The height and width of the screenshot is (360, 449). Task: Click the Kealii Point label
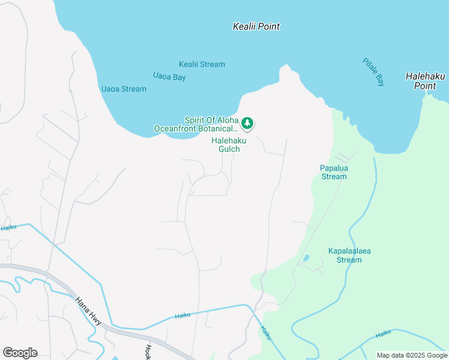[256, 26]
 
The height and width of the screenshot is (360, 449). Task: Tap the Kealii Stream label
[202, 64]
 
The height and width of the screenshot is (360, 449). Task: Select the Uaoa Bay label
[169, 77]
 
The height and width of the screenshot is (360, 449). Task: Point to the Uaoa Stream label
[124, 89]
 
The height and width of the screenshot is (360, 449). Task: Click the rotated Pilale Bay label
[373, 72]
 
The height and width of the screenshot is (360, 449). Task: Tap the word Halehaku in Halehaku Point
[425, 76]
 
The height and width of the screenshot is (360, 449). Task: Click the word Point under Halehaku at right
[424, 86]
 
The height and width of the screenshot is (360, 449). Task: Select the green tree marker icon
[247, 124]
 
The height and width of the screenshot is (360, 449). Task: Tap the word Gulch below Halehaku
[229, 149]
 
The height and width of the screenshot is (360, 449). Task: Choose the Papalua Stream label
[334, 172]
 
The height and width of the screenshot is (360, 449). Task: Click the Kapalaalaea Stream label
[345, 256]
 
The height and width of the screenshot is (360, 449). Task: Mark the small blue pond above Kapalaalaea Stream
[307, 258]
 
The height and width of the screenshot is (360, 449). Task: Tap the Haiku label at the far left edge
[8, 227]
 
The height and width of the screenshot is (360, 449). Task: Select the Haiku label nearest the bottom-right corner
[383, 334]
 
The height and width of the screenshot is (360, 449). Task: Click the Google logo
[20, 353]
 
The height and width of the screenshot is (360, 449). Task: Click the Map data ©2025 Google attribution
[412, 355]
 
